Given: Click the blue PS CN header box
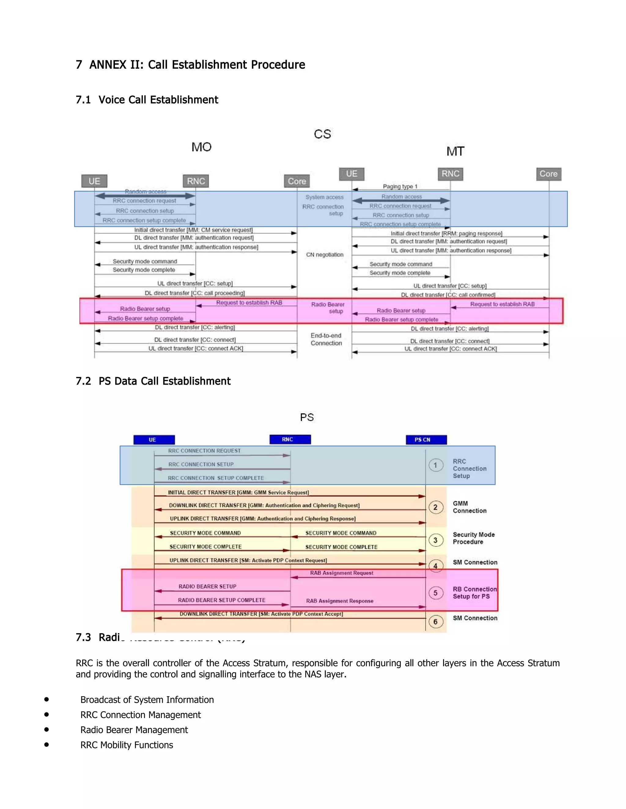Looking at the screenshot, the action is pyautogui.click(x=426, y=440).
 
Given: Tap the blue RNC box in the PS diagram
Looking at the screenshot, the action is pyautogui.click(x=290, y=439).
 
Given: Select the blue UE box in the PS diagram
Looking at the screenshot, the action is pyautogui.click(x=154, y=440).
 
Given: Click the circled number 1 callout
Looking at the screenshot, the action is pyautogui.click(x=436, y=465).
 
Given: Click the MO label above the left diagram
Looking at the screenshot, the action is pyautogui.click(x=201, y=147).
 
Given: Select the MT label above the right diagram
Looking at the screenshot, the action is pyautogui.click(x=455, y=151).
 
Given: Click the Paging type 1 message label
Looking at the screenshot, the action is pyautogui.click(x=400, y=186).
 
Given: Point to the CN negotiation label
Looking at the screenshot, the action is pyautogui.click(x=325, y=255).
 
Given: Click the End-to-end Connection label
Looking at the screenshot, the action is pyautogui.click(x=326, y=339).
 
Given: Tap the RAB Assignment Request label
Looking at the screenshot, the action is pyautogui.click(x=341, y=573).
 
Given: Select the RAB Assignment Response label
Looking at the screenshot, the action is pyautogui.click(x=339, y=601).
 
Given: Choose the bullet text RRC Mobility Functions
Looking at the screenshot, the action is pyautogui.click(x=127, y=745).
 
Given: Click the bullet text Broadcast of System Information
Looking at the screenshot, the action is pyautogui.click(x=147, y=700).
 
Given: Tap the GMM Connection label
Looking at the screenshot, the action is pyautogui.click(x=469, y=507).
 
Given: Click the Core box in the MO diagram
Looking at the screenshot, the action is pyautogui.click(x=297, y=181).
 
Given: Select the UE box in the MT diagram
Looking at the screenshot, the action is pyautogui.click(x=352, y=174).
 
